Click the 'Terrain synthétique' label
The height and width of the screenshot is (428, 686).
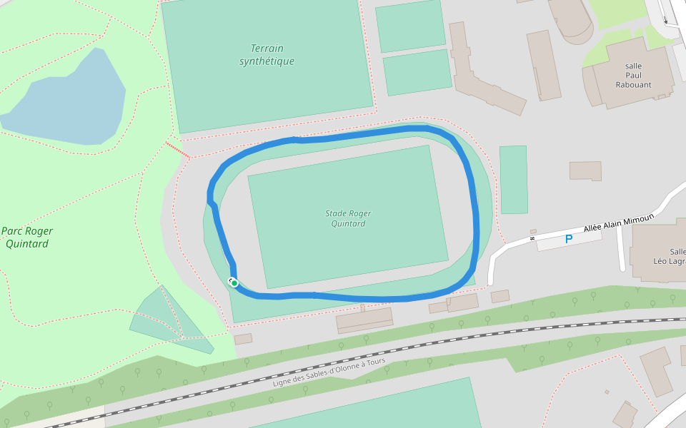[267, 55]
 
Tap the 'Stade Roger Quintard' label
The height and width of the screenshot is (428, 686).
[348, 218]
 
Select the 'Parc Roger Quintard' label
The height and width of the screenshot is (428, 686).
[27, 238]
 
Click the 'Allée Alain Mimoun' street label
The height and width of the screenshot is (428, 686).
[618, 223]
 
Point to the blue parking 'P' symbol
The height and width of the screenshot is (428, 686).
[569, 239]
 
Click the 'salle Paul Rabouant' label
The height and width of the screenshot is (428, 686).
[633, 75]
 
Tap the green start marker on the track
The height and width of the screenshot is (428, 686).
[234, 283]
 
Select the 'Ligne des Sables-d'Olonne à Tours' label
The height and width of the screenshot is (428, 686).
[329, 373]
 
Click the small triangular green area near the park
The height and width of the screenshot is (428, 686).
[168, 321]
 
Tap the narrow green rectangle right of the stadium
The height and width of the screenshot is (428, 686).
[513, 180]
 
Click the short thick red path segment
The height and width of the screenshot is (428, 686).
[178, 150]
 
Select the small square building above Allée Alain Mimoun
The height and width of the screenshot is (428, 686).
[585, 170]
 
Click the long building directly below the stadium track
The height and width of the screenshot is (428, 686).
[364, 320]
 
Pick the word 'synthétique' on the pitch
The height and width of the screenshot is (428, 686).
[267, 61]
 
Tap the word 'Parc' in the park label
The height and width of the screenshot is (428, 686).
[12, 231]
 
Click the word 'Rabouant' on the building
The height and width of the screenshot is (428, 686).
[633, 84]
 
